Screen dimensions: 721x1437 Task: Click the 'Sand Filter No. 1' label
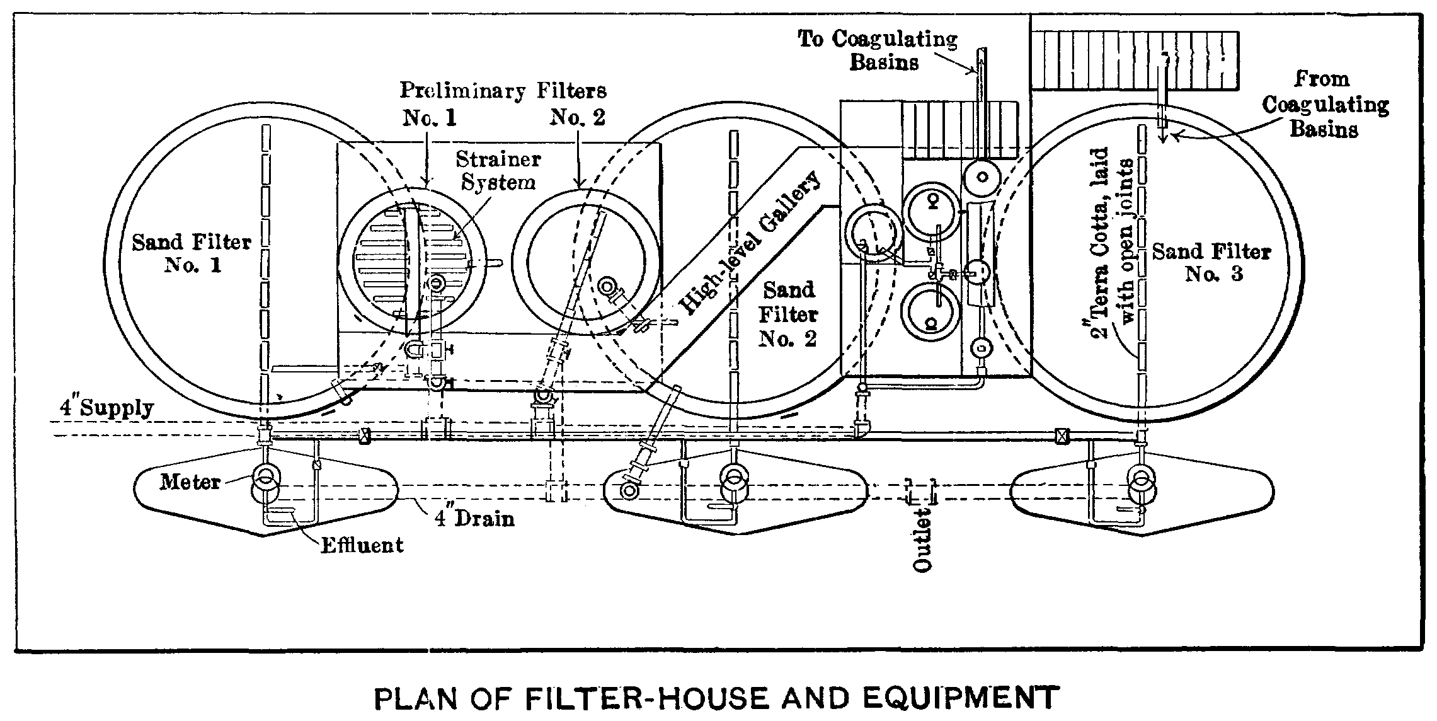click(192, 253)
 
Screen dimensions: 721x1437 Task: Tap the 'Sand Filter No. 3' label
click(1211, 262)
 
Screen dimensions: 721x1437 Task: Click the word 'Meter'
click(190, 482)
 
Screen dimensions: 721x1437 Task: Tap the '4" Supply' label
click(106, 408)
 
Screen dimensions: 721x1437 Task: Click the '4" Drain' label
click(474, 518)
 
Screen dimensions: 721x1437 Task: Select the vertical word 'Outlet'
click(922, 543)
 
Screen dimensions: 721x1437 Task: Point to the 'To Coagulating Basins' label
click(879, 50)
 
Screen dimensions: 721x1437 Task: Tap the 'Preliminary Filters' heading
click(503, 91)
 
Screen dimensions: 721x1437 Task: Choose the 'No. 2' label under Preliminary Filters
click(577, 117)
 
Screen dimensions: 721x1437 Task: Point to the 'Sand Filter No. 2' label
click(787, 314)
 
